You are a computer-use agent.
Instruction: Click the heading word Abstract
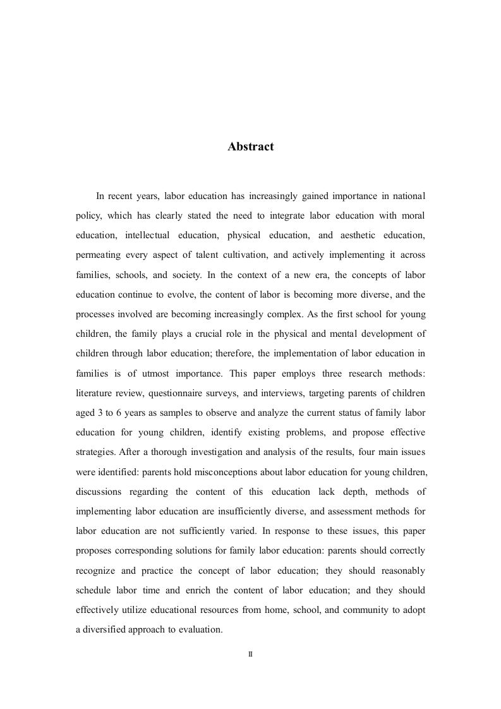pyautogui.click(x=251, y=147)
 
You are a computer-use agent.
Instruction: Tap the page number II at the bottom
pyautogui.click(x=250, y=654)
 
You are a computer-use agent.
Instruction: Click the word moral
pyautogui.click(x=413, y=215)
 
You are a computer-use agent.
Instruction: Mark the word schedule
pyautogui.click(x=95, y=590)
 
